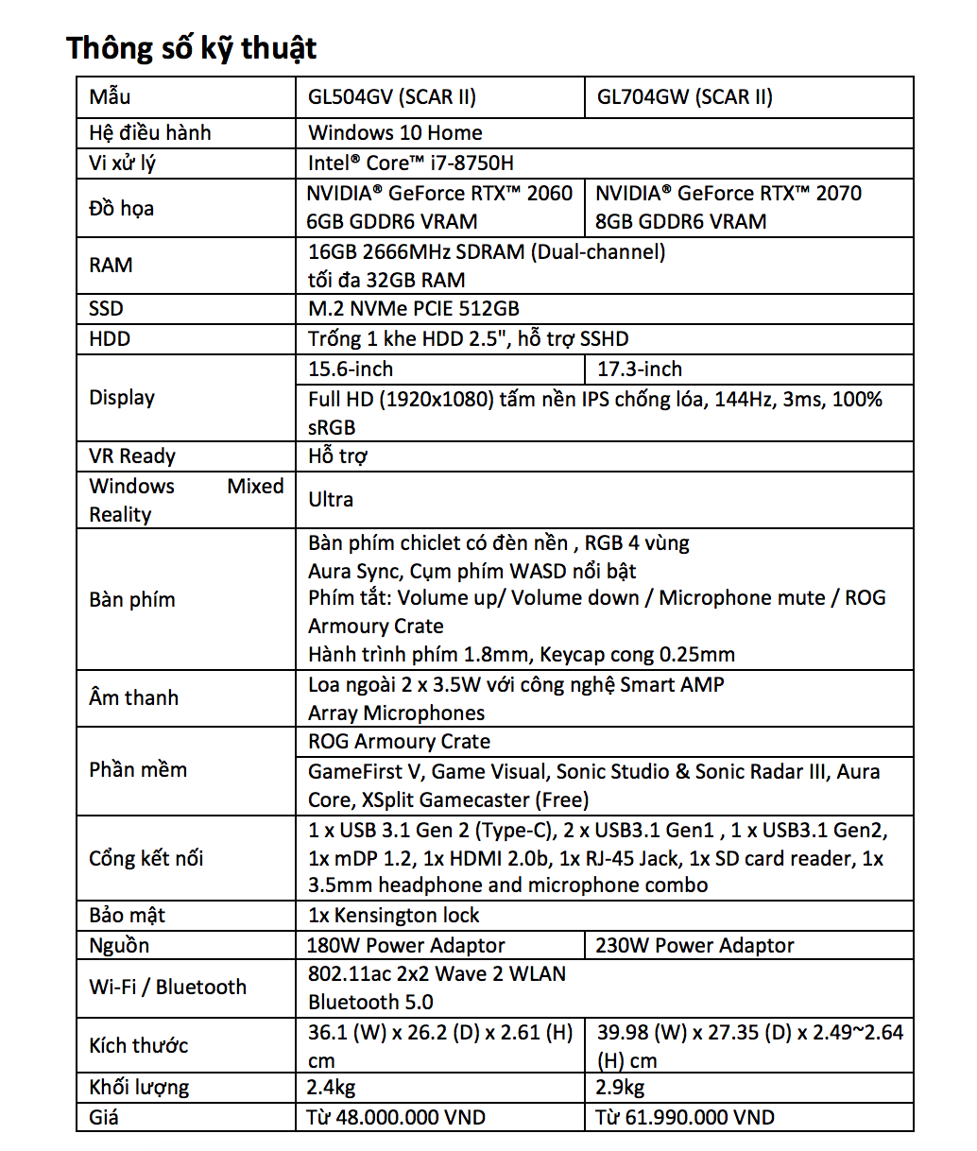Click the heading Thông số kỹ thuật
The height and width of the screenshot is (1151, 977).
click(x=192, y=47)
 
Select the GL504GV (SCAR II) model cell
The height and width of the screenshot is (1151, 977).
click(x=392, y=96)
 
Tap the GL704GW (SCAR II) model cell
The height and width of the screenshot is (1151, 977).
click(x=684, y=96)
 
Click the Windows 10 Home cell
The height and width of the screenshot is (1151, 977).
click(x=395, y=132)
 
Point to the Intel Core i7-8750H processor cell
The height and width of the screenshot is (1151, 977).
click(x=411, y=163)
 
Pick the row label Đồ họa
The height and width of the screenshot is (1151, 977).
click(x=121, y=208)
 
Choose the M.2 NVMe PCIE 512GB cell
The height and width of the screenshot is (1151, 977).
click(x=414, y=308)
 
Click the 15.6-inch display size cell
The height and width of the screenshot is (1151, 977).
click(x=351, y=369)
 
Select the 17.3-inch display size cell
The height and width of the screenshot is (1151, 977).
click(x=640, y=369)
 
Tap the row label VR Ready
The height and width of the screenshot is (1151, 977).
click(x=132, y=455)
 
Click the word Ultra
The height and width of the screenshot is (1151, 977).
click(x=331, y=499)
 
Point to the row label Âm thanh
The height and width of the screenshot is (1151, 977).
click(x=133, y=697)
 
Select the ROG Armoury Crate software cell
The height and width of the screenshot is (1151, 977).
click(x=399, y=741)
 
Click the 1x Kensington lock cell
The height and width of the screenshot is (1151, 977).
click(x=394, y=915)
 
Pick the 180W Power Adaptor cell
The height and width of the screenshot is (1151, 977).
click(x=406, y=945)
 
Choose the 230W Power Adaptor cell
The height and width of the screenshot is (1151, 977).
click(x=694, y=945)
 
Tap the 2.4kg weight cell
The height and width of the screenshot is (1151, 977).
click(x=332, y=1087)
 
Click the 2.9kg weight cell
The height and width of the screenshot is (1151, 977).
click(x=621, y=1087)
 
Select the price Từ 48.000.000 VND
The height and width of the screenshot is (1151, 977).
click(x=396, y=1117)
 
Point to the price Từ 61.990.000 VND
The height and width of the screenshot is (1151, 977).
click(x=685, y=1117)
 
